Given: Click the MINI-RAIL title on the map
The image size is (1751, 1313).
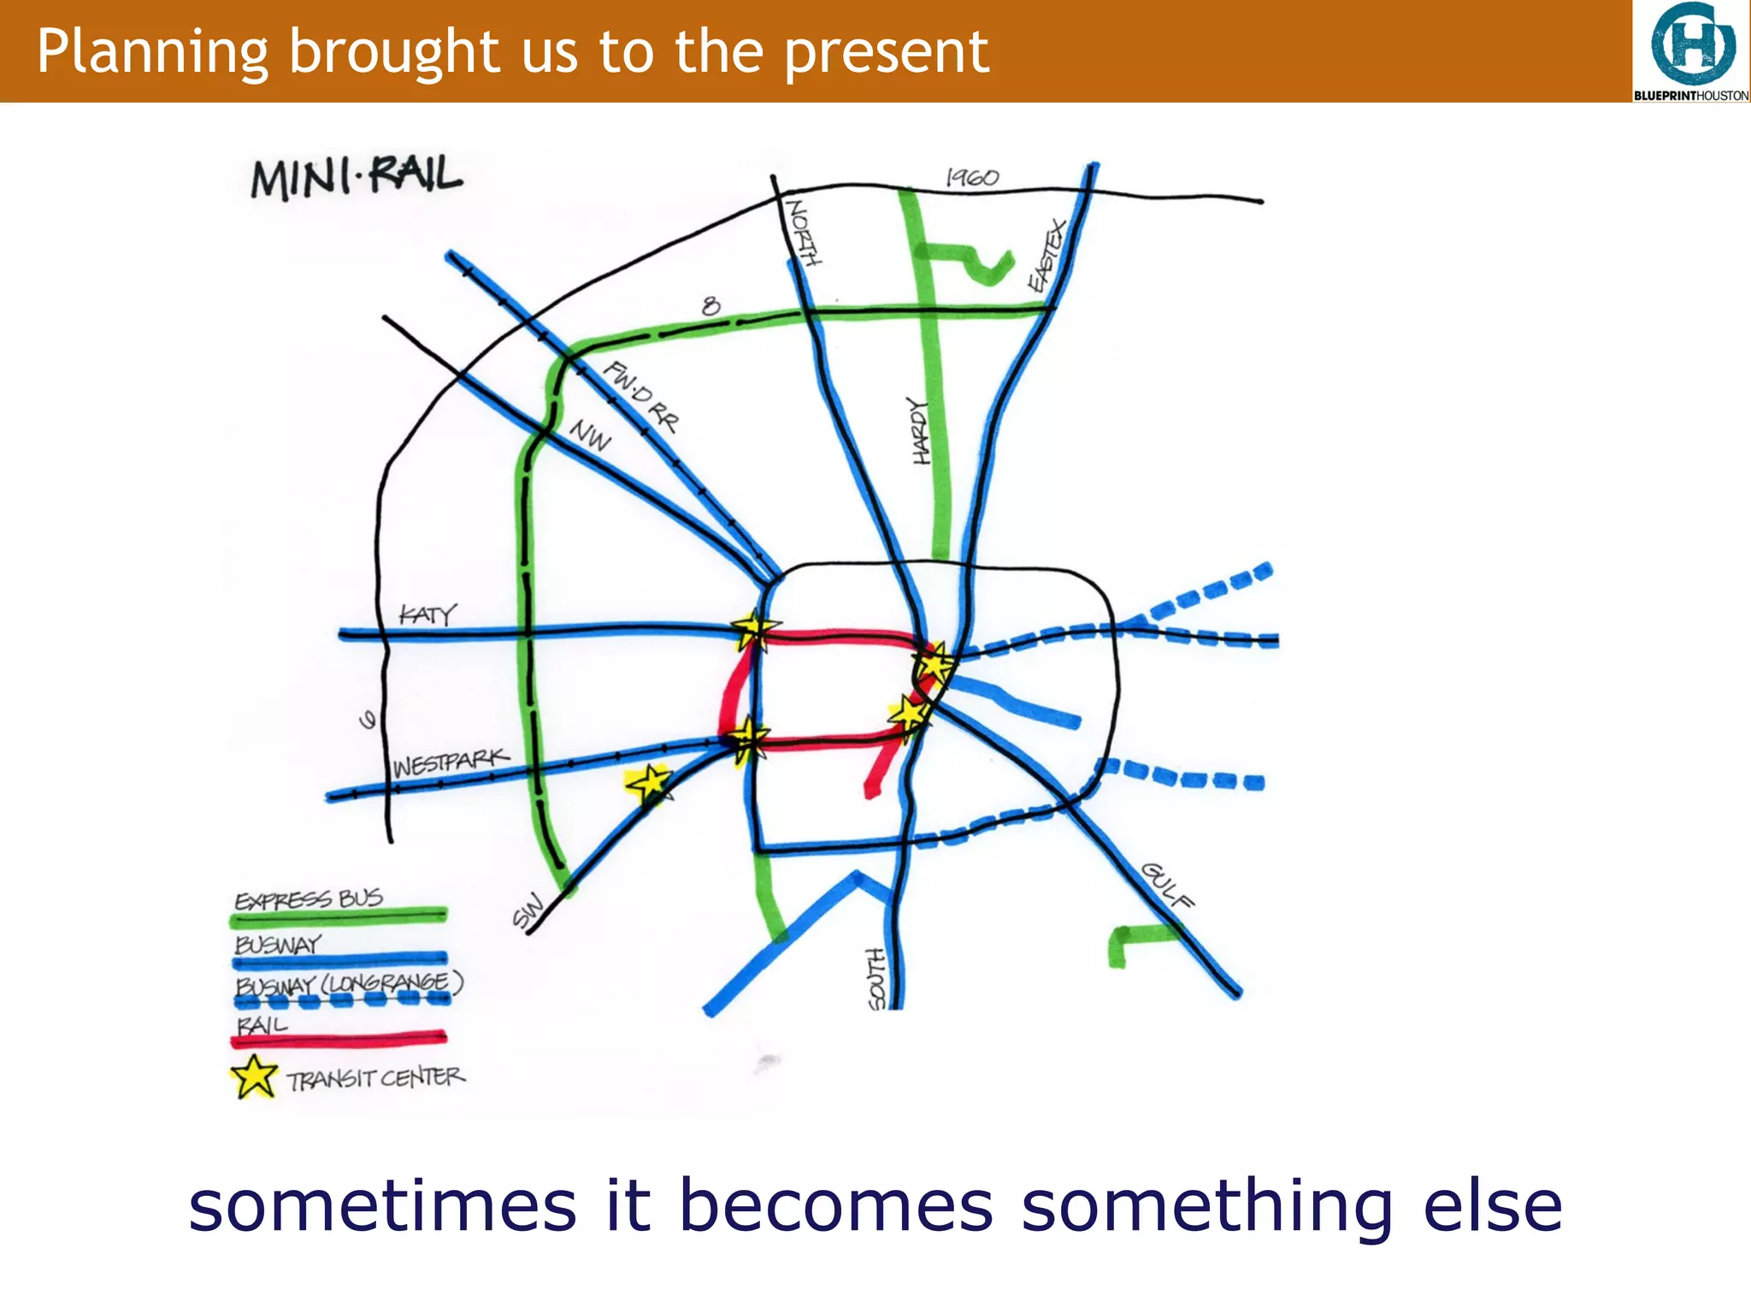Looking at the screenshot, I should click(x=356, y=178).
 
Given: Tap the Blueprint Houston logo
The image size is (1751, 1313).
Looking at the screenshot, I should click(x=1691, y=51).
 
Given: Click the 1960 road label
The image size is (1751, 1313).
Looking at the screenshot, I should click(x=972, y=178).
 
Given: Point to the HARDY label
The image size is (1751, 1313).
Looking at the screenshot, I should click(x=920, y=432).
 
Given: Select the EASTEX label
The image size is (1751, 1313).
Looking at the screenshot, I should click(x=1048, y=255).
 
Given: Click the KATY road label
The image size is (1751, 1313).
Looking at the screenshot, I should click(x=427, y=614).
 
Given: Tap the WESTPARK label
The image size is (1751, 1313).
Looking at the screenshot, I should click(x=451, y=762).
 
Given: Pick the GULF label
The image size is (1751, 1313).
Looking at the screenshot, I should click(x=1167, y=886).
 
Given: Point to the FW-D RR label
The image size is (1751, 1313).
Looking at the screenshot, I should click(x=641, y=396).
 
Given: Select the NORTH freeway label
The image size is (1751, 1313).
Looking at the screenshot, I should click(x=804, y=233).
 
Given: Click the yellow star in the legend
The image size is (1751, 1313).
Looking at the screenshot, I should click(x=254, y=1077).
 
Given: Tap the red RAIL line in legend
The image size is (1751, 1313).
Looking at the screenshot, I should click(x=339, y=1039).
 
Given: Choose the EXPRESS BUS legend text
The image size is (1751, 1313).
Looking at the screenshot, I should click(x=309, y=899).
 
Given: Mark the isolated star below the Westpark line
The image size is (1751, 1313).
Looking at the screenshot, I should click(x=649, y=782).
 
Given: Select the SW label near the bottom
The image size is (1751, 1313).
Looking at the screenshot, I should click(x=528, y=910).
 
